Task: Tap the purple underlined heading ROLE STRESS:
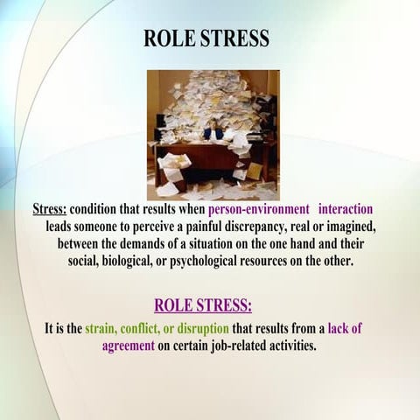[203, 305]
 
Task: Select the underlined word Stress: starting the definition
[49, 210]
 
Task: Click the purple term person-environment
[259, 210]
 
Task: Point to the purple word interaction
[346, 210]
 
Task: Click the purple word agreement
[132, 345]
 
